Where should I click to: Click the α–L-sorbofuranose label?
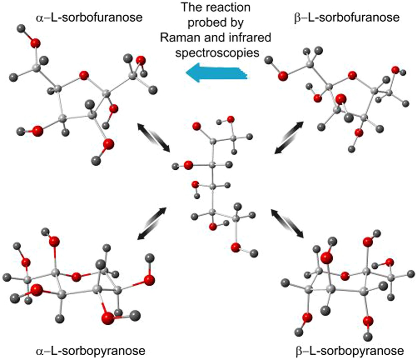89,17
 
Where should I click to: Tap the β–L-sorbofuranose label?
347,17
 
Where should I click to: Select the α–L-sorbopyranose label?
90,351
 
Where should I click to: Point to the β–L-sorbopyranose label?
350,351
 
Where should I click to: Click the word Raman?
179,37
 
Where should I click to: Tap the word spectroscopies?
217,52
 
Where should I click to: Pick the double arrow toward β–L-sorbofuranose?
289,137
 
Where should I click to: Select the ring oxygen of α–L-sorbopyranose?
76,277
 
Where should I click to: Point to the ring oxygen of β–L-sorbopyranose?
345,276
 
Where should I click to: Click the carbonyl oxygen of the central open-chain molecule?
196,126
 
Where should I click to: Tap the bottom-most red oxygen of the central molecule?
236,247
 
